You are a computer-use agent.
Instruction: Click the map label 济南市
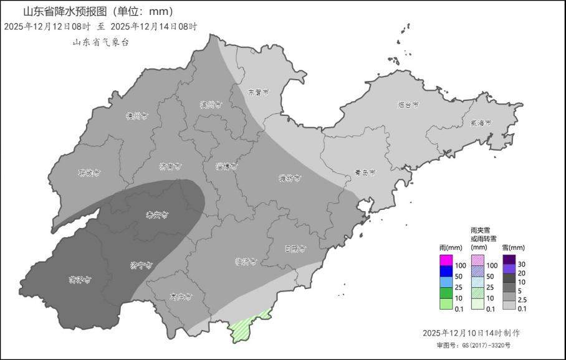click(x=170, y=166)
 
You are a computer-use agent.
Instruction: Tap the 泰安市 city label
click(x=157, y=215)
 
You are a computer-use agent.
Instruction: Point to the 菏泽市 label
click(x=80, y=279)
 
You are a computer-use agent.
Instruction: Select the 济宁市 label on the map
click(x=141, y=265)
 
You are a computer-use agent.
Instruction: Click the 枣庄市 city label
click(x=181, y=296)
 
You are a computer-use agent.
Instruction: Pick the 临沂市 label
click(x=246, y=262)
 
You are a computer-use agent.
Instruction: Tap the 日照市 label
click(x=295, y=248)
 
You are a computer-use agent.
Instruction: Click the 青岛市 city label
click(x=364, y=173)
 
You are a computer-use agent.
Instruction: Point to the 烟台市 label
click(x=408, y=105)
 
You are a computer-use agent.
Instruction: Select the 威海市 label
click(x=481, y=123)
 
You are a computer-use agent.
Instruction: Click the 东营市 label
click(x=258, y=92)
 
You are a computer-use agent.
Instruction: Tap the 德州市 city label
click(x=136, y=116)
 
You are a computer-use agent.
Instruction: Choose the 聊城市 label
click(x=89, y=173)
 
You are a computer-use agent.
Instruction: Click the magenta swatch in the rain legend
click(x=446, y=260)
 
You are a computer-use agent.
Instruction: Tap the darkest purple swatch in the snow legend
click(x=509, y=260)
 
